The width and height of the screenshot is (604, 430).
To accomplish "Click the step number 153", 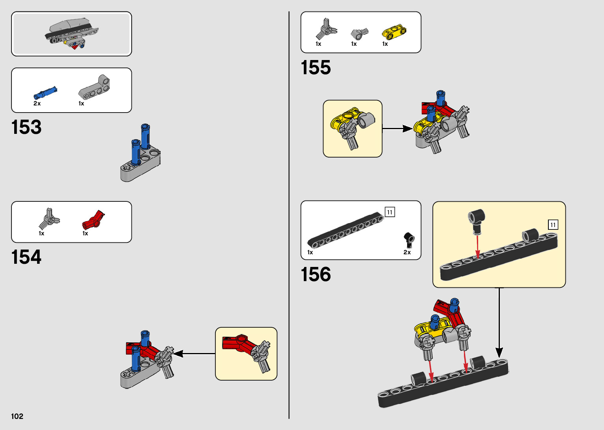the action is [26, 127].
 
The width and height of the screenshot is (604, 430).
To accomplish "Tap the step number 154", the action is [26, 257].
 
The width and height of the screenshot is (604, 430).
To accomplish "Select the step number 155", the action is [316, 68].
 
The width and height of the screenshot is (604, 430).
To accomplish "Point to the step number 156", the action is [316, 274].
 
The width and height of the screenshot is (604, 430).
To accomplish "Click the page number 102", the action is [17, 416].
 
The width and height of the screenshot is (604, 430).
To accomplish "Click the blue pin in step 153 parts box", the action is [45, 93].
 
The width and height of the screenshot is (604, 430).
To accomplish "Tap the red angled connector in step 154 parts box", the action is [93, 220].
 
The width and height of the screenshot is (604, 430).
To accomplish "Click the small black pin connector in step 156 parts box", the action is [409, 239].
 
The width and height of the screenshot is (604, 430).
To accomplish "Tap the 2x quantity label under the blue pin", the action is [37, 103].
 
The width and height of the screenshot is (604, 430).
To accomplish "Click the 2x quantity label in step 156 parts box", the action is [407, 252].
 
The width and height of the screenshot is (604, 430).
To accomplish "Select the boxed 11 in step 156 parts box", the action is [390, 212].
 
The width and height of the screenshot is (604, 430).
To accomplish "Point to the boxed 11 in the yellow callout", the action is [553, 225].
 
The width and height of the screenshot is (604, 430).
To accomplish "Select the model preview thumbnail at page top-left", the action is [71, 34].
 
